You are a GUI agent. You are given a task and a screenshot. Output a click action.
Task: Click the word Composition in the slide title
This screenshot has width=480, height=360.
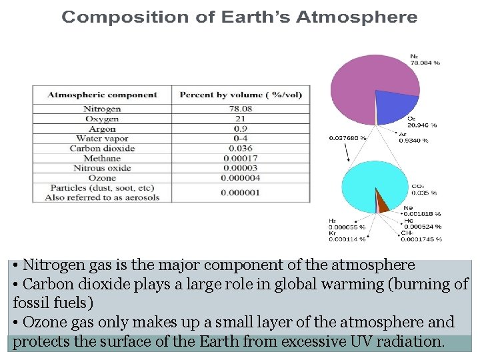click(113, 17)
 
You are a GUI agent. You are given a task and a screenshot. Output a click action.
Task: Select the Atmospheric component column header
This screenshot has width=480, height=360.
click(102, 95)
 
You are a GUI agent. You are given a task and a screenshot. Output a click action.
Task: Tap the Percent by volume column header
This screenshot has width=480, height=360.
click(241, 95)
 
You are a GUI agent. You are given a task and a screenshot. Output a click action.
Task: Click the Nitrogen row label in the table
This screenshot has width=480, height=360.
click(102, 109)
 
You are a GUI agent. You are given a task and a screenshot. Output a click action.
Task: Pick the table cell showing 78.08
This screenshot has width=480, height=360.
click(241, 109)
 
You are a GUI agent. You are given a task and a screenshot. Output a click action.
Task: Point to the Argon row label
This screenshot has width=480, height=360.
click(102, 129)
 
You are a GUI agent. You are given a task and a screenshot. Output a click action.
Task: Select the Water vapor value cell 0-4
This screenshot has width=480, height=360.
click(241, 139)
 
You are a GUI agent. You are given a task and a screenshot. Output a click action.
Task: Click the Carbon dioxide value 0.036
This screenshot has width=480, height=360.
click(241, 149)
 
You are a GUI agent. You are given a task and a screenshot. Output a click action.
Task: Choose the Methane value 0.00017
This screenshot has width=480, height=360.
click(241, 159)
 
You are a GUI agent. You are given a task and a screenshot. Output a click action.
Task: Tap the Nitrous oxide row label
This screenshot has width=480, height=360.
click(102, 169)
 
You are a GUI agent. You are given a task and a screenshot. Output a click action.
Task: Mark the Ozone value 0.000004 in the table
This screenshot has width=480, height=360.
click(241, 179)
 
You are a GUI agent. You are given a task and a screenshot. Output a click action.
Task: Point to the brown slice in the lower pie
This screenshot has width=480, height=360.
click(383, 202)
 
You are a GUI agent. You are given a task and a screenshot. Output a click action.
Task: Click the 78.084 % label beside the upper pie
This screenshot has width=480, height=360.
click(425, 62)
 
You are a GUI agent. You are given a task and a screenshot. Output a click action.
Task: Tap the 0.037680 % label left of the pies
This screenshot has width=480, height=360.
click(348, 138)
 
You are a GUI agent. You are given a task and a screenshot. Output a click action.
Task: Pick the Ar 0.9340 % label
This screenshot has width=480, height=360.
click(413, 137)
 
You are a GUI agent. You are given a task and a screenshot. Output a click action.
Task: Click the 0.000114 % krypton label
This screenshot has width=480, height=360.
click(347, 239)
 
